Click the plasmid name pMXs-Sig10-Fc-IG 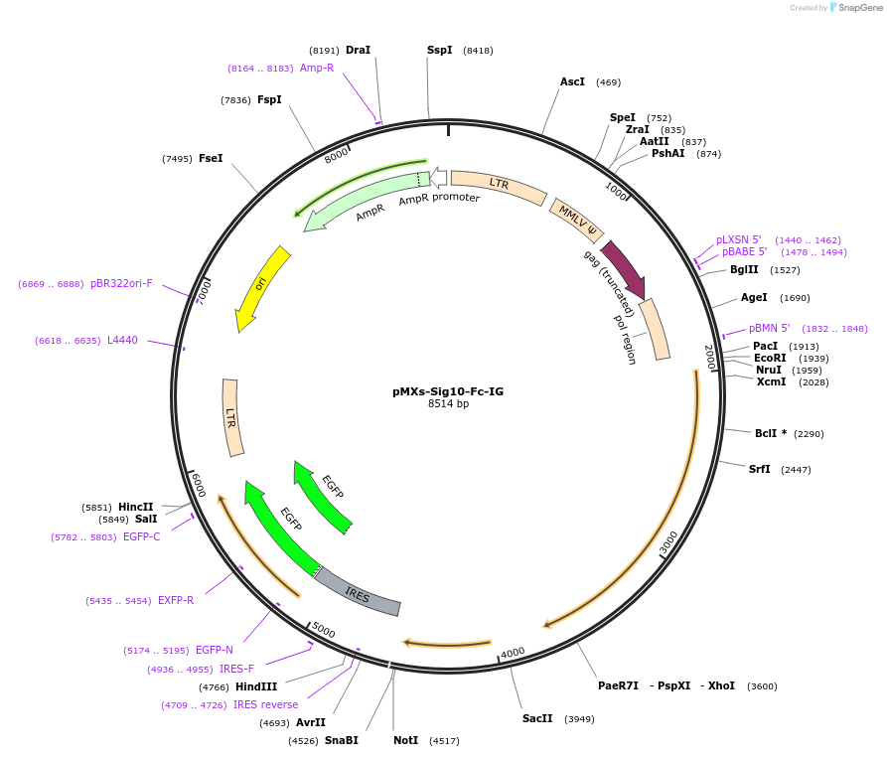click(447, 391)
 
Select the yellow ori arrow click(261, 287)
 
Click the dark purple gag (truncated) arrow click(623, 268)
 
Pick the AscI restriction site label click(572, 81)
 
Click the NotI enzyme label click(404, 740)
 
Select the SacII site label click(537, 718)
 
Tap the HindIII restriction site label click(256, 686)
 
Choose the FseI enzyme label click(211, 158)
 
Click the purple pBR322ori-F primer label click(121, 284)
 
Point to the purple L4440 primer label click(122, 340)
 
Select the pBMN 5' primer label click(769, 328)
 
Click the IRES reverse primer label click(265, 704)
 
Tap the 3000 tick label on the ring click(668, 541)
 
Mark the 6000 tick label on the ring click(198, 486)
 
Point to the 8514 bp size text click(448, 404)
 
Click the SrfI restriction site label click(760, 469)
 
